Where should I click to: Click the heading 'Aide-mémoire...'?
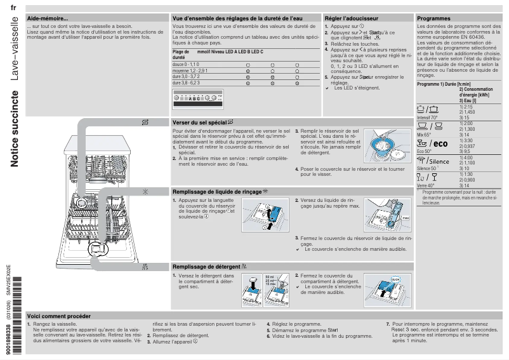pos(48,18)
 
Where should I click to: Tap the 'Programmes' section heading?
pos(434,18)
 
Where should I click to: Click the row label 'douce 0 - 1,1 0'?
pos(186,65)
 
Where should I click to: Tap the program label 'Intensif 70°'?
pos(428,118)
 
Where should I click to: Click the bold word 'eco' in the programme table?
pos(441,143)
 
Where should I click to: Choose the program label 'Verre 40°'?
pos(426,185)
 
